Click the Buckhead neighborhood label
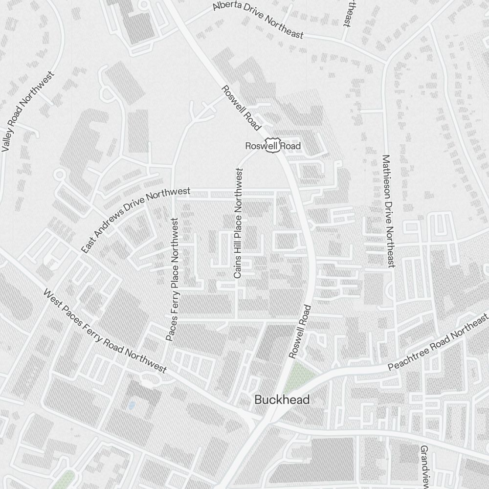(282, 400)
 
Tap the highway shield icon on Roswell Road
(271, 144)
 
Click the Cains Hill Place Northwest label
(238, 223)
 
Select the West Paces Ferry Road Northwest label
(105, 331)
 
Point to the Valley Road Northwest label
(28, 112)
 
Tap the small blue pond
(131, 405)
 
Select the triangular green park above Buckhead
(298, 375)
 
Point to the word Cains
(238, 268)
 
